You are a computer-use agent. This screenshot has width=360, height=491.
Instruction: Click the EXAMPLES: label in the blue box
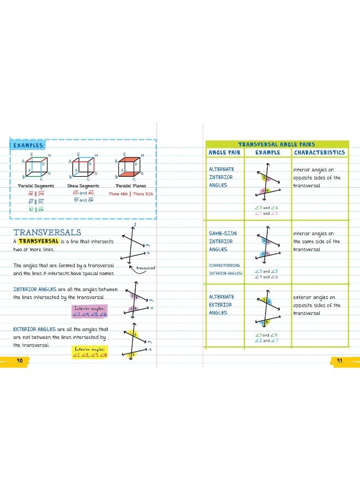pyautogui.click(x=27, y=145)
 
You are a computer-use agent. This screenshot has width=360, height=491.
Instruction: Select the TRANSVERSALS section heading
pyautogui.click(x=47, y=232)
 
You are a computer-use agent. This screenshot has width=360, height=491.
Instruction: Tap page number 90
pyautogui.click(x=19, y=360)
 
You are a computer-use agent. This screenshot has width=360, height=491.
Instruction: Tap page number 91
pyautogui.click(x=339, y=360)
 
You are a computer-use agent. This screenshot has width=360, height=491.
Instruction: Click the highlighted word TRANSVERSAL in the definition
pyautogui.click(x=38, y=241)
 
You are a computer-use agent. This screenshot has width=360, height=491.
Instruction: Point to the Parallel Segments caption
pyautogui.click(x=35, y=186)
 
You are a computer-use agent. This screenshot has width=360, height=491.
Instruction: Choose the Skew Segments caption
pyautogui.click(x=83, y=186)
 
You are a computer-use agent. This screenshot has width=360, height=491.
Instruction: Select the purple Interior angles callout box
pyautogui.click(x=91, y=312)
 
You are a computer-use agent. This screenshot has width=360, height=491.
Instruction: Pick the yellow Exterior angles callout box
pyautogui.click(x=90, y=352)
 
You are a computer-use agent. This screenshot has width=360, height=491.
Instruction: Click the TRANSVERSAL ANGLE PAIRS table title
pyautogui.click(x=277, y=144)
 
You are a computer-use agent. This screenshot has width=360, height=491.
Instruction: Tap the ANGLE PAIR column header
pyautogui.click(x=224, y=153)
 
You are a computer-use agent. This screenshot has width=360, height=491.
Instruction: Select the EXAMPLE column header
pyautogui.click(x=267, y=153)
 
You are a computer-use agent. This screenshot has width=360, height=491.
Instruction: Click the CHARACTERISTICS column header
pyautogui.click(x=319, y=153)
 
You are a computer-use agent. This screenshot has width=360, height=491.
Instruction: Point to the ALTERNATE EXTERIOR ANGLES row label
pyautogui.click(x=221, y=305)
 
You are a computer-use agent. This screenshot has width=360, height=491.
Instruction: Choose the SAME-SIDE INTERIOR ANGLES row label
pyautogui.click(x=223, y=241)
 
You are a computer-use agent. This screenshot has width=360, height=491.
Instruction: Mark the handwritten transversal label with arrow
pyautogui.click(x=146, y=268)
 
